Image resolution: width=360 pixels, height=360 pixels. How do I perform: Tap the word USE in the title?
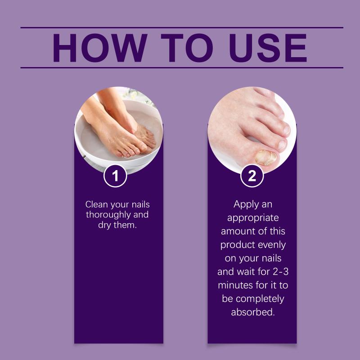267,48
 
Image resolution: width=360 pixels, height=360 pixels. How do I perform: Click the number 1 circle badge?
115,175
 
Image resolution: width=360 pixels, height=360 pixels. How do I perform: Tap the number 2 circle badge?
252,175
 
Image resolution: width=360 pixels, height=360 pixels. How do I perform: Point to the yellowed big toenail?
266,157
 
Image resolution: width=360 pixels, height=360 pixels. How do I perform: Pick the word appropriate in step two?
253,218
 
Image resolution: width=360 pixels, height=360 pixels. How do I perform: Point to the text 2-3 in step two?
280,272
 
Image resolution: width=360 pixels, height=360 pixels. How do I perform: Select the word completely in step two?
260,299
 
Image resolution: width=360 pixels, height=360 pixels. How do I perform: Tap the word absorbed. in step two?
253,312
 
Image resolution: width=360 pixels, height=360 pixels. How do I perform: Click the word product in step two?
234,245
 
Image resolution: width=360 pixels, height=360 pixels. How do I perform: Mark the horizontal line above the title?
182,27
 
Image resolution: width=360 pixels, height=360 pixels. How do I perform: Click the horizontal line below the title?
182,68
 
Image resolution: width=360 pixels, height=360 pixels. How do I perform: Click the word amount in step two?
236,231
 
